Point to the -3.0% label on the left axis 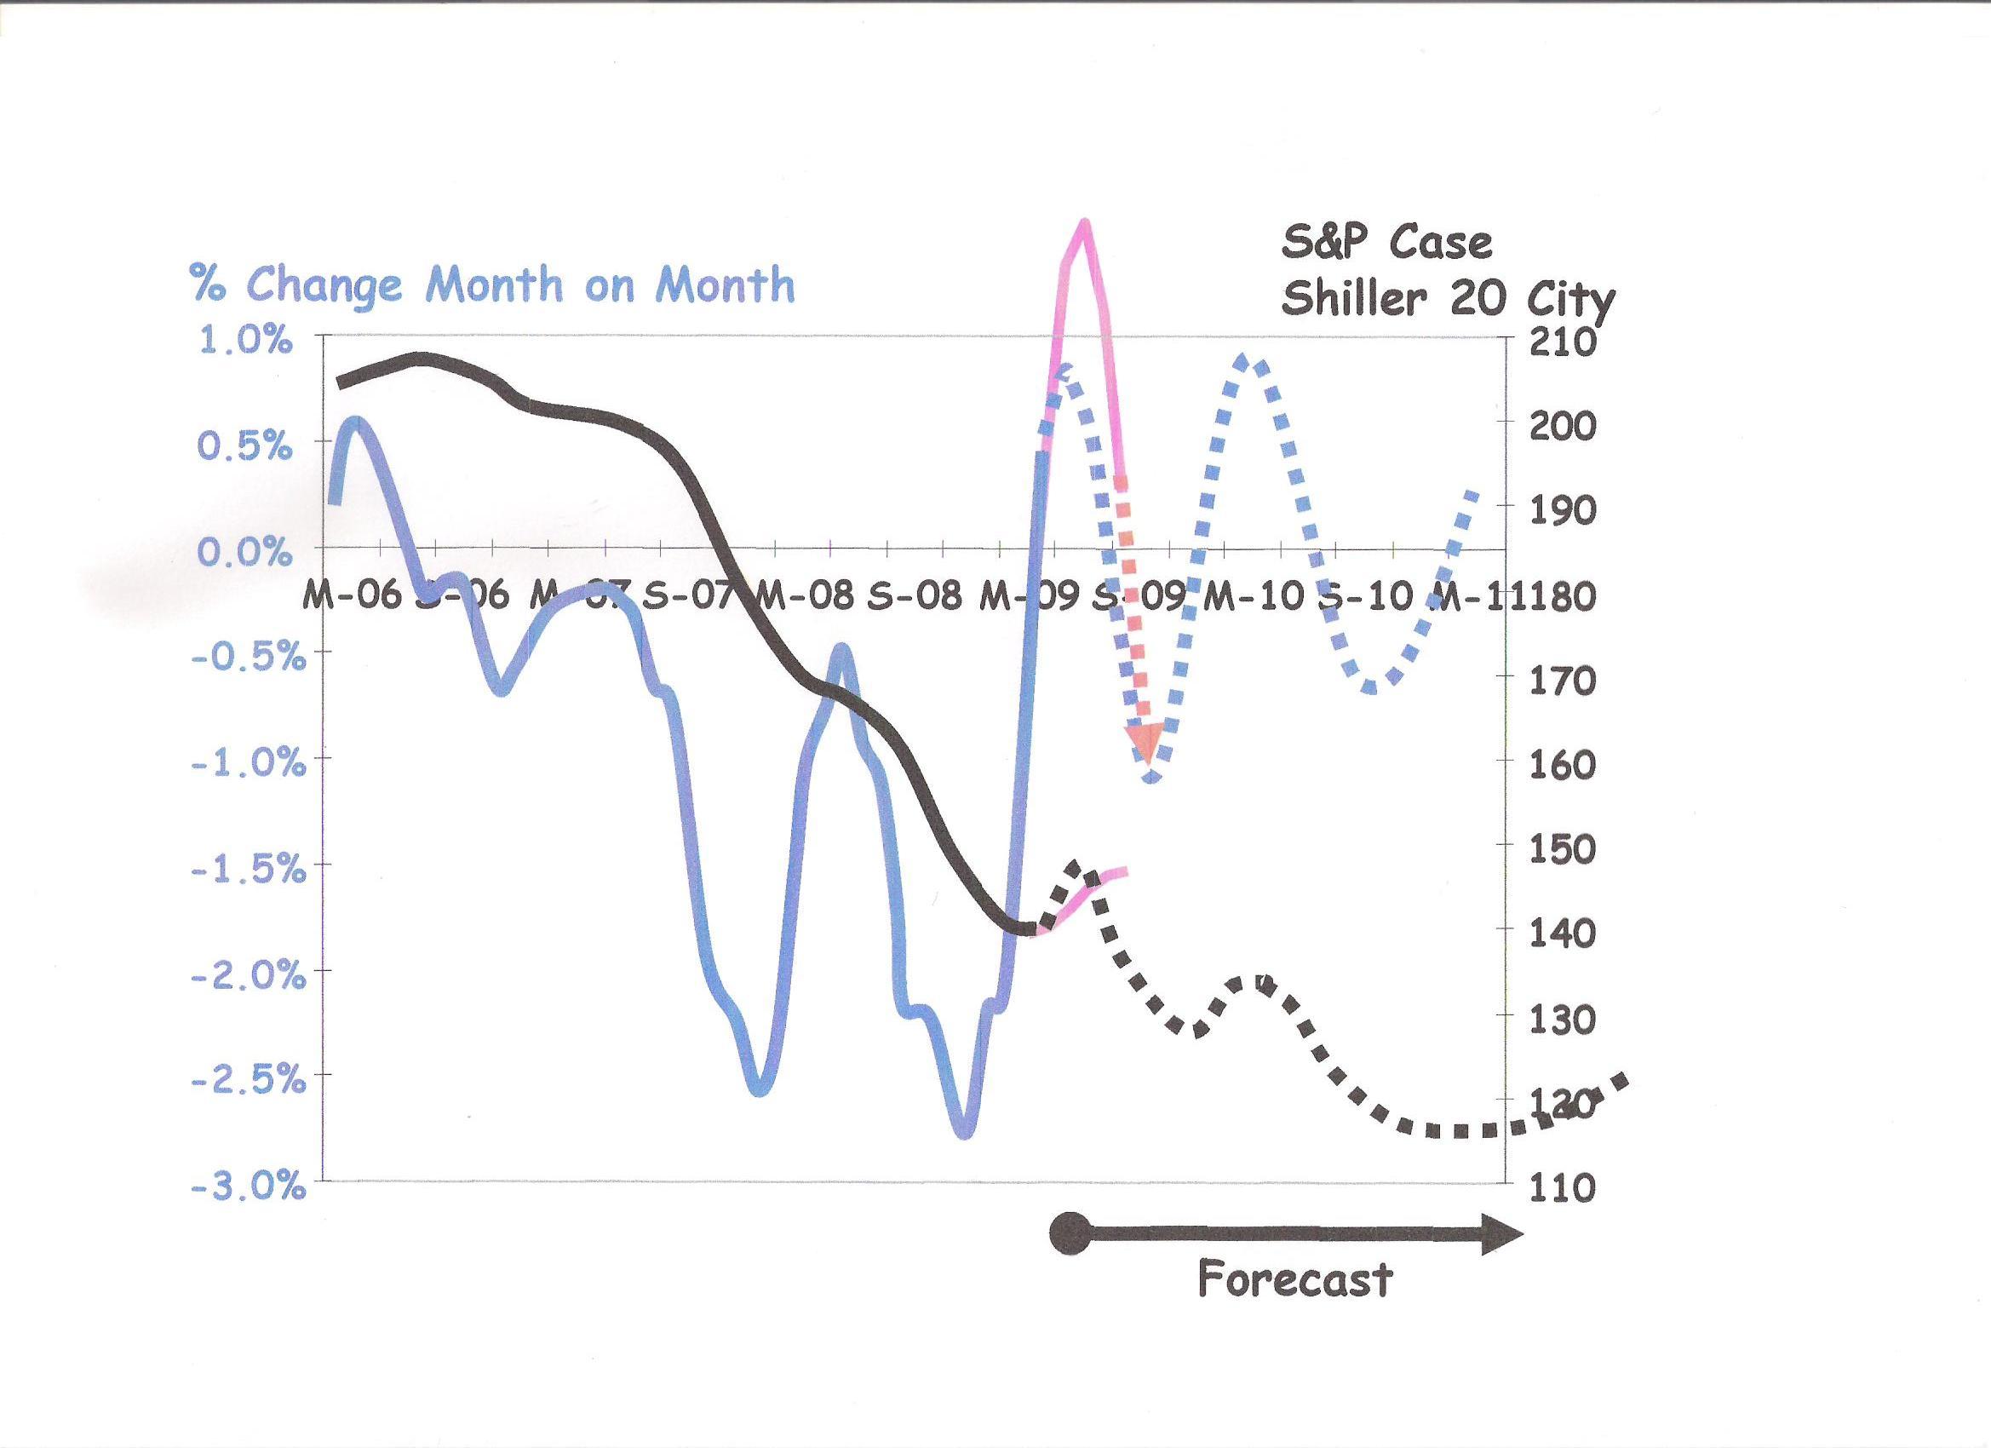tap(249, 1188)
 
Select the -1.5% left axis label tap(249, 871)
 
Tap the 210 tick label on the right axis tap(1563, 342)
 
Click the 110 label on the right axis tap(1563, 1188)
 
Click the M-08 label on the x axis tap(805, 597)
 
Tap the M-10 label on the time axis tap(1254, 597)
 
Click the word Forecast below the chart tap(1295, 1279)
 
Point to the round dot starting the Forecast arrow tap(1070, 1234)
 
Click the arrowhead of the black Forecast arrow tap(1502, 1234)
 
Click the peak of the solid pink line tap(1085, 224)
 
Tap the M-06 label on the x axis tap(351, 597)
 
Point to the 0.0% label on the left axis tap(244, 553)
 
